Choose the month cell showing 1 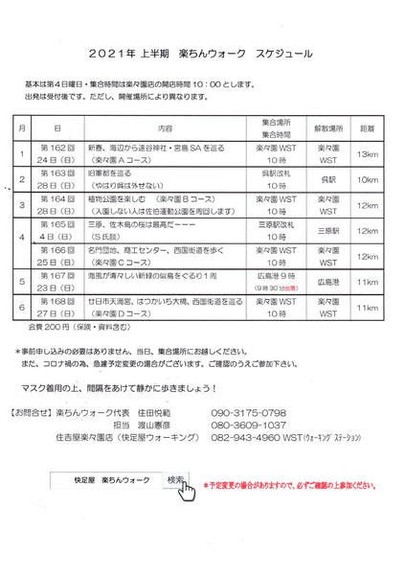click(21, 153)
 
